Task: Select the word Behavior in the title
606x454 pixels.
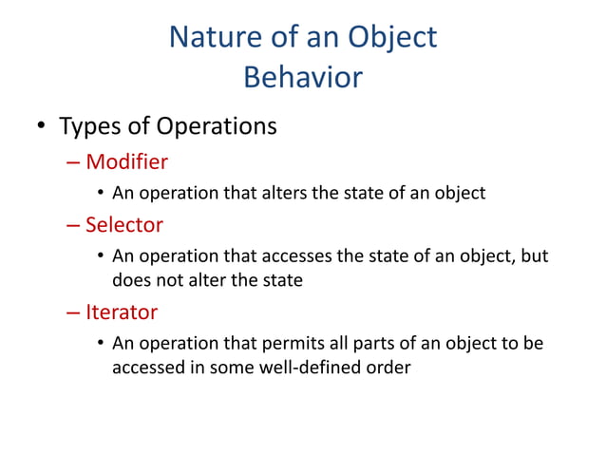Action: tap(303, 77)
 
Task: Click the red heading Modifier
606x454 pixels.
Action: tap(126, 161)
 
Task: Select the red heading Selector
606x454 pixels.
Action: tap(123, 224)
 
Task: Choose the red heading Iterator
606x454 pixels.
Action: tap(122, 312)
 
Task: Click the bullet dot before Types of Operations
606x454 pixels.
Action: tap(41, 127)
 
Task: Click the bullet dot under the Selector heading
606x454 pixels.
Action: tap(100, 257)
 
